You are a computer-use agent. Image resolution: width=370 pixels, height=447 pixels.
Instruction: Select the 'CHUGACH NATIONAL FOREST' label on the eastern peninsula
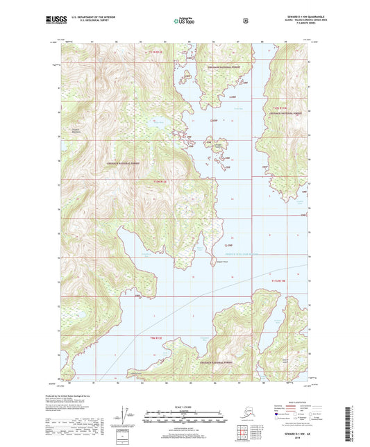pyautogui.click(x=289, y=112)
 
